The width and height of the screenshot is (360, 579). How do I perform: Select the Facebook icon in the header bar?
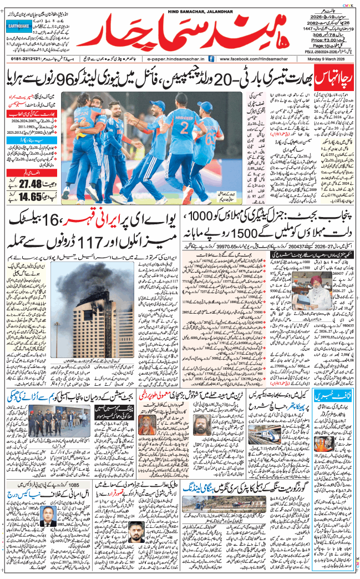pos(214,58)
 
